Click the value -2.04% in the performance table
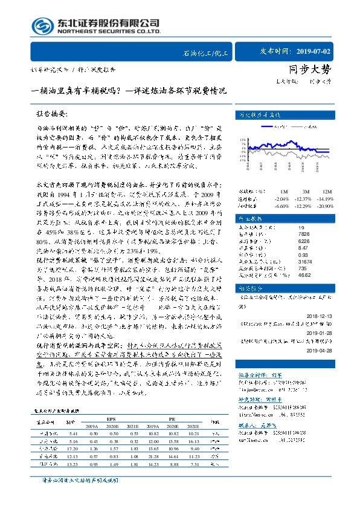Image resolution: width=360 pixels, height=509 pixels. [281, 199]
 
